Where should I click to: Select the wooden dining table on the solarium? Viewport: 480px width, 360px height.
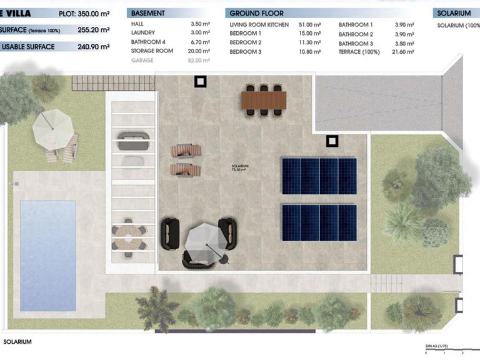tap(264, 99)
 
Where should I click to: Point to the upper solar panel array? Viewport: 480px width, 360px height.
tap(319, 176)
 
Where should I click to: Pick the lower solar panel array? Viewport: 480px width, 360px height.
tap(319, 222)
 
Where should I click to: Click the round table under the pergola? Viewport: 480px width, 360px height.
tap(128, 236)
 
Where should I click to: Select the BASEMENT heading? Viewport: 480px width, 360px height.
tap(148, 13)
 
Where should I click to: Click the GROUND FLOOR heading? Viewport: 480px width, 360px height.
tap(256, 13)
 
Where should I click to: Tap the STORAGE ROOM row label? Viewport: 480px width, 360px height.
tap(152, 51)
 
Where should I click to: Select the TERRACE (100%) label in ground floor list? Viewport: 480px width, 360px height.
tap(358, 52)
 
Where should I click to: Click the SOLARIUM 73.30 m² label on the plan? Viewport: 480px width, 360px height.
tap(240, 167)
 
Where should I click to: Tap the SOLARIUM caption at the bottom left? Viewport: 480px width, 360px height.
tap(17, 342)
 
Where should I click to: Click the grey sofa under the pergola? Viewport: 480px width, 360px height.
tap(132, 140)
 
